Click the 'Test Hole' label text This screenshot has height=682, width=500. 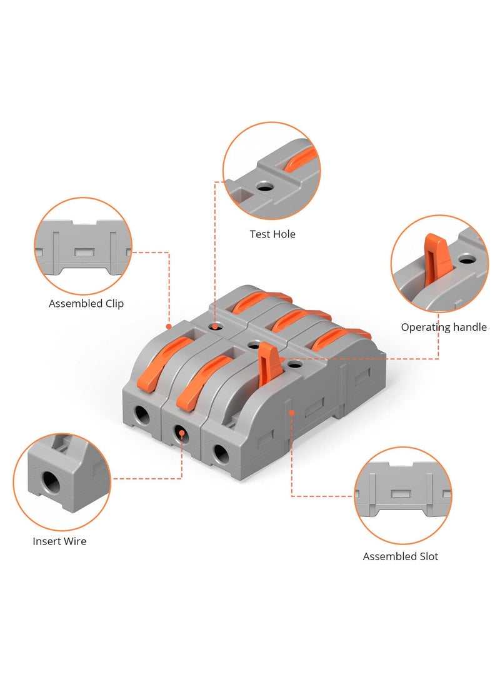272,234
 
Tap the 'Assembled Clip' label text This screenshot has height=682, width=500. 86,304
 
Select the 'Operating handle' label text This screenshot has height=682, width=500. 444,327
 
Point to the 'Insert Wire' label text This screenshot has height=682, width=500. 59,541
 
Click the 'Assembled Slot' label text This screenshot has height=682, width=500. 401,556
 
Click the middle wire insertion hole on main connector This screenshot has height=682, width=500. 181,433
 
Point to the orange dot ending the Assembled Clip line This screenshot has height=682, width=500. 168,326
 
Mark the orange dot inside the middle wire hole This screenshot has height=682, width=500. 181,432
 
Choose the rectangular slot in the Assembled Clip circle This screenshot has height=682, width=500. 83,252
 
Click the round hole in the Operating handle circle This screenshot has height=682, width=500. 465,258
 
